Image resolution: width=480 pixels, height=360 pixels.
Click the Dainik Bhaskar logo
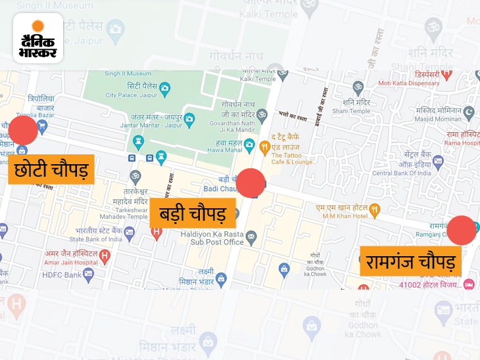click(37, 38)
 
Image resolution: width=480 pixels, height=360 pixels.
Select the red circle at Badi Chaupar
click(250, 183)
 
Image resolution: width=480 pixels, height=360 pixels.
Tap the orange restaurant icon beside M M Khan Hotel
click(375, 211)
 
